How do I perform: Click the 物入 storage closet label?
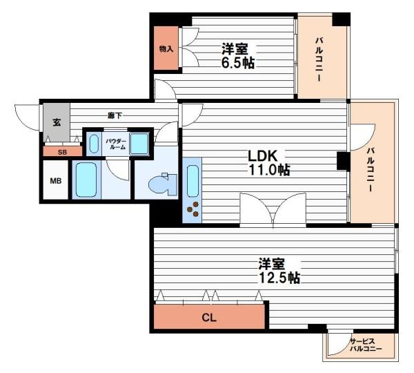click(x=166, y=49)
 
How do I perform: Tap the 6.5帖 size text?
click(x=237, y=64)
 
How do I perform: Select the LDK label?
click(x=262, y=156)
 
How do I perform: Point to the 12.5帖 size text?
click(x=279, y=278)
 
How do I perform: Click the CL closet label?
click(x=209, y=318)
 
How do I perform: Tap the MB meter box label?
click(x=56, y=181)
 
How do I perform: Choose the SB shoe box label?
click(x=62, y=152)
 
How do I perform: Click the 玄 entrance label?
click(x=57, y=122)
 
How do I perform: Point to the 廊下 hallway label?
click(x=115, y=115)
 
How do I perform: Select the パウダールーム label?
click(x=115, y=144)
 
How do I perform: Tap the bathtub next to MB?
click(x=86, y=180)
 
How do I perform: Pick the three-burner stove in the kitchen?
click(x=193, y=209)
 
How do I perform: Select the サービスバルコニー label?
click(x=366, y=345)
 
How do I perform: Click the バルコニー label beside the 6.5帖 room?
click(x=319, y=59)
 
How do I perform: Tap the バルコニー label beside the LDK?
click(x=371, y=170)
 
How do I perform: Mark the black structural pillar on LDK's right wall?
click(x=343, y=161)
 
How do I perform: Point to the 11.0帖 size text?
click(x=269, y=170)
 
